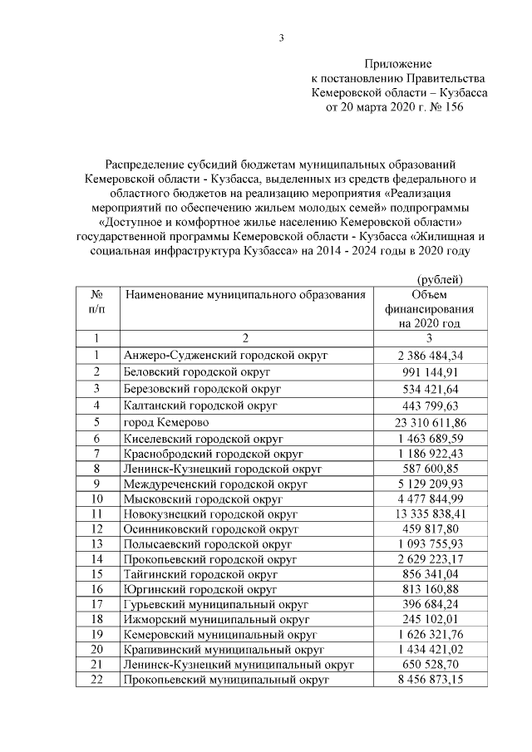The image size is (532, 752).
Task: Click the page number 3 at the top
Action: coord(282,37)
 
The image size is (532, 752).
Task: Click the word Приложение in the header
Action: coord(398,63)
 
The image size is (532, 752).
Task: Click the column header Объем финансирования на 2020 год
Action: coord(429,308)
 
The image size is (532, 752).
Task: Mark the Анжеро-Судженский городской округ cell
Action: coord(224,356)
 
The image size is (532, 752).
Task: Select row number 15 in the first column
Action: coord(97,574)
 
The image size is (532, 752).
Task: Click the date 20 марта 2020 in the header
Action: coord(381,107)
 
